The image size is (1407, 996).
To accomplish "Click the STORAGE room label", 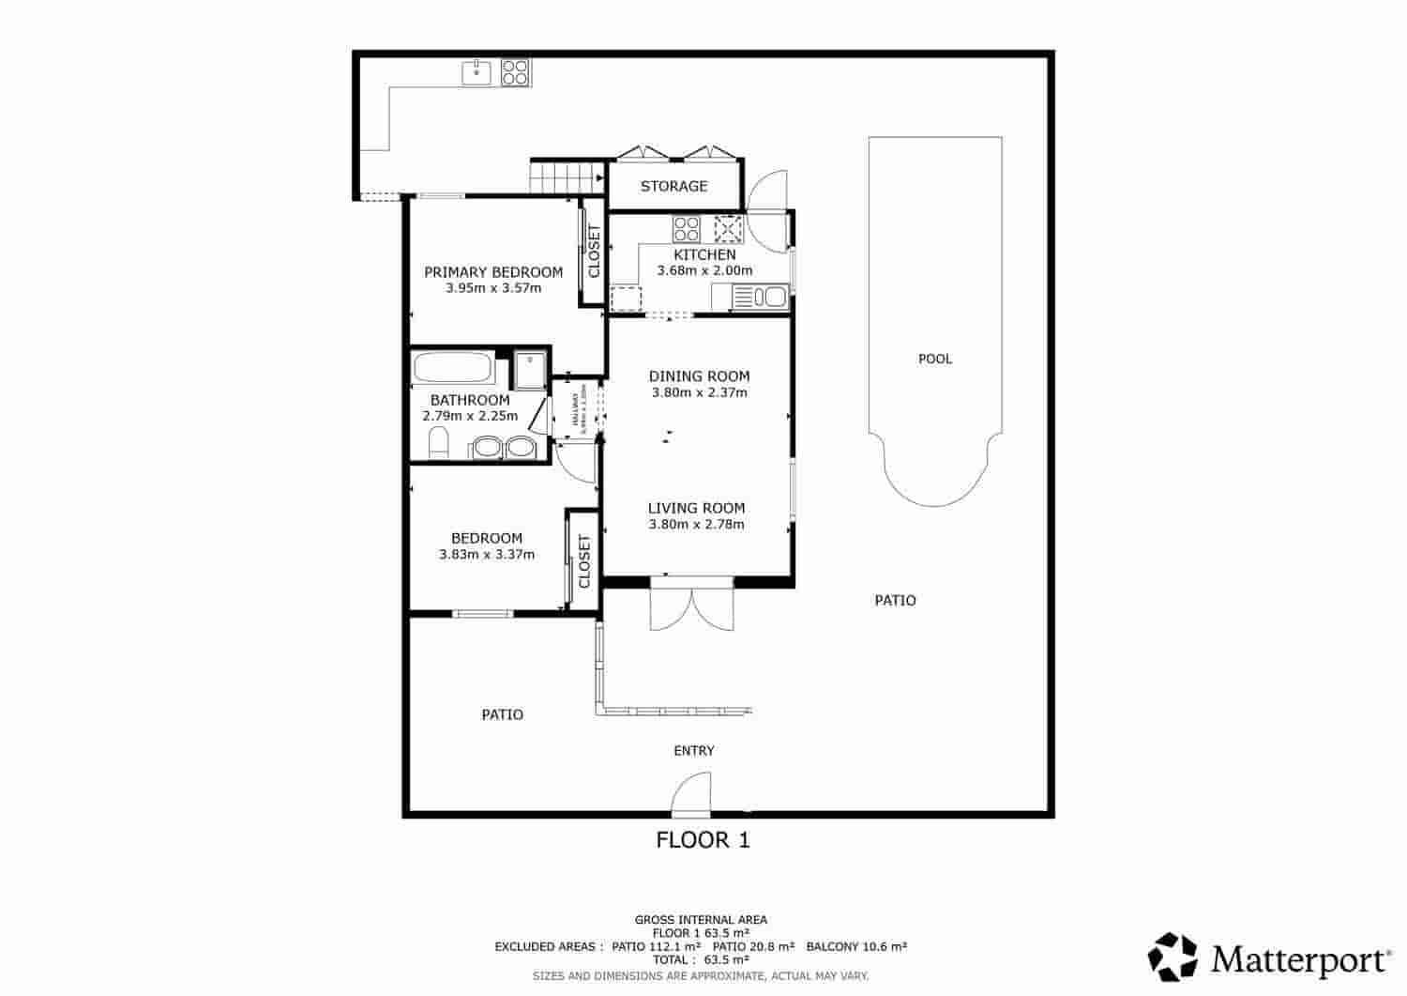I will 673,186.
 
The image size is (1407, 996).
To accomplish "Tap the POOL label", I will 934,359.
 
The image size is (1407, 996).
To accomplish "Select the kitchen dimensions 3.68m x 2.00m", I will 704,270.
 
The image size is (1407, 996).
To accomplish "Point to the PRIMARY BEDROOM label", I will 493,272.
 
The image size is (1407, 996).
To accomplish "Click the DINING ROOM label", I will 699,376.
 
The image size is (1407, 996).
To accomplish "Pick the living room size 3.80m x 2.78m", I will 696,524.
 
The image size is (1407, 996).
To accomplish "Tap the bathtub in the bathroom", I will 454,367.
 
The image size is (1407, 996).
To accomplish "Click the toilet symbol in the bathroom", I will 438,442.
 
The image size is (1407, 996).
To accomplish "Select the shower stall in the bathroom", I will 530,370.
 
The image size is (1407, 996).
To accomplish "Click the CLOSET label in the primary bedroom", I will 593,252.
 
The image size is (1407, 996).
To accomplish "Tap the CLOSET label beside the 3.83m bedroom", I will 584,560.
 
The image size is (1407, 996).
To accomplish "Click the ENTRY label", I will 694,750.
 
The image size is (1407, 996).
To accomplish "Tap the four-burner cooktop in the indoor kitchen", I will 687,229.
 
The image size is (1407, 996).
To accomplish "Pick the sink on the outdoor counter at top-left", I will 477,72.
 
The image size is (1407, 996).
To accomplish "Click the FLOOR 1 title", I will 703,839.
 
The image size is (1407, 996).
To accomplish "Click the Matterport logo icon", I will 1173,957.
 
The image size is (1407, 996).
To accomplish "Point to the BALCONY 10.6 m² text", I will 855,946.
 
